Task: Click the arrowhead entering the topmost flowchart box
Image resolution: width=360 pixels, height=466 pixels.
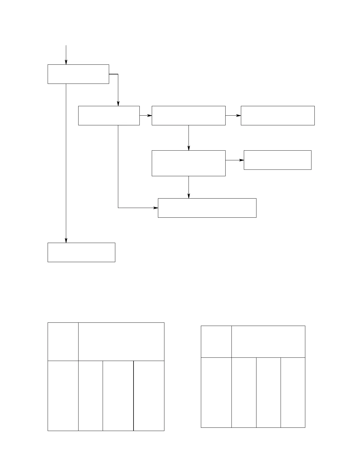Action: point(66,62)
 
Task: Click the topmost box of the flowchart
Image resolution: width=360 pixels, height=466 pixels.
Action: point(78,74)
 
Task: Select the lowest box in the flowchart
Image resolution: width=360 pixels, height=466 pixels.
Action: point(81,252)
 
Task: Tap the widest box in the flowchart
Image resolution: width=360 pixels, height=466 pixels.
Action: point(207,208)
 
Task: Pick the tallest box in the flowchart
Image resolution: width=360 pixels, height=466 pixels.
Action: point(189,163)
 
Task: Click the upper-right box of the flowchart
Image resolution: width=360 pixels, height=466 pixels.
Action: point(278,116)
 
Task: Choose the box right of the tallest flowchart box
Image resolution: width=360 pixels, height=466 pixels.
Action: point(277,160)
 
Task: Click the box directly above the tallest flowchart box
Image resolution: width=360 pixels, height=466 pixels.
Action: point(189,116)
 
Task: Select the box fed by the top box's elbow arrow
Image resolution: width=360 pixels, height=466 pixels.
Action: point(109,116)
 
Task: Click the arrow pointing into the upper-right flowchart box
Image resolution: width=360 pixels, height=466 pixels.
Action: point(233,116)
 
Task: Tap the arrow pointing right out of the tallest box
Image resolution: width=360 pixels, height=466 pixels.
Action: point(235,160)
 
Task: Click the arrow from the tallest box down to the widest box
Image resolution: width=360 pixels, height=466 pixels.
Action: point(189,187)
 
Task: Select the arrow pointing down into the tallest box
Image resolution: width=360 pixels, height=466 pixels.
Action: point(189,138)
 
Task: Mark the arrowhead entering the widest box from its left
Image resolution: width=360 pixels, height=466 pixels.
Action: point(156,208)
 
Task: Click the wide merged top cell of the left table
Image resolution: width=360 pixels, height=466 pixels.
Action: point(121,342)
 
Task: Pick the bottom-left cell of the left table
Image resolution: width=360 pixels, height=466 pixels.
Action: point(63,396)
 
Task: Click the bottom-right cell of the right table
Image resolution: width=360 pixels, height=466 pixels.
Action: point(293,392)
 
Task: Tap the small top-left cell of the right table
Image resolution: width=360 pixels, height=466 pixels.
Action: point(216,342)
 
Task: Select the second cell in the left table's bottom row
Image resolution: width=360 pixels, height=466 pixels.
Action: point(91,396)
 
